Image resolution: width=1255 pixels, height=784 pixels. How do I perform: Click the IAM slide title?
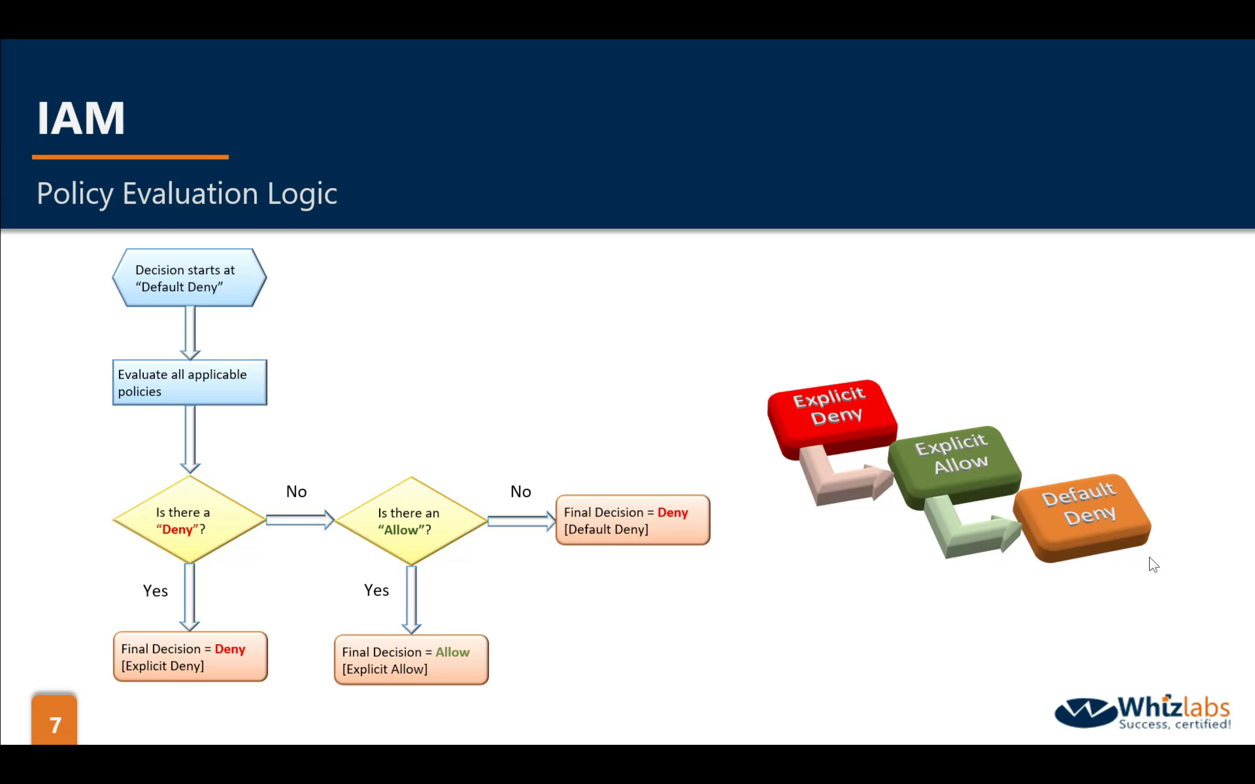tap(81, 118)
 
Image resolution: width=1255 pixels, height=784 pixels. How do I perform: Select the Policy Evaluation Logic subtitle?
tap(187, 194)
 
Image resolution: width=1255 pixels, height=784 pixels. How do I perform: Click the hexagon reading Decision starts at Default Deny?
tap(190, 278)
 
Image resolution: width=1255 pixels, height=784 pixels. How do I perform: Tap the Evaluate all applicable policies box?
tap(190, 383)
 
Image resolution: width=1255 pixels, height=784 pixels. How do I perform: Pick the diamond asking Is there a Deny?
tap(190, 520)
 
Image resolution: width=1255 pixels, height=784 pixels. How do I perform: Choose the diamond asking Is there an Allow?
tap(411, 520)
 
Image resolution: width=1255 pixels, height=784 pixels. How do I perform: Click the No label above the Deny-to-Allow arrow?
tap(296, 491)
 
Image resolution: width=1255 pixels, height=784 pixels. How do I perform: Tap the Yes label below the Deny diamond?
tap(155, 590)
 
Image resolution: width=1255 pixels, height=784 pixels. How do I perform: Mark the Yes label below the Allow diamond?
tap(376, 590)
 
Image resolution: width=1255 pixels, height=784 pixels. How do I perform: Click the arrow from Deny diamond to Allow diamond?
tap(300, 520)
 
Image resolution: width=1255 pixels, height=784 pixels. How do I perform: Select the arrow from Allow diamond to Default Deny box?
tap(521, 520)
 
